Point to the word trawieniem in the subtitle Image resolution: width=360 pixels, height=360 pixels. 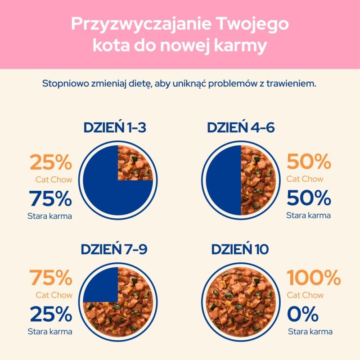pos(294,84)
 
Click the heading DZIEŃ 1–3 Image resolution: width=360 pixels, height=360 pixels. pos(115,128)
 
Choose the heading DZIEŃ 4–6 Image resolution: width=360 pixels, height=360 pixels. pos(241,128)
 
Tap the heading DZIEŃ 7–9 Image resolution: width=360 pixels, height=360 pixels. pos(114,249)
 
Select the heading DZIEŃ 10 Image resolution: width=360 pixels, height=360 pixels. pos(241,249)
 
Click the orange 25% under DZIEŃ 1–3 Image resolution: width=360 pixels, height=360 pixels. pos(50,162)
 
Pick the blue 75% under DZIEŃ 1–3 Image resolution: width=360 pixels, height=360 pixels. pos(50,198)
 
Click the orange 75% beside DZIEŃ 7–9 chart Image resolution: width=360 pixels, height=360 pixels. pos(50,278)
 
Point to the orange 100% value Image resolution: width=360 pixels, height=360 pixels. pos(313,278)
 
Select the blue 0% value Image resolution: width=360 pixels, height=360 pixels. pos(302,314)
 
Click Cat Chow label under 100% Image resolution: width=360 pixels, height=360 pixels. pos(305,295)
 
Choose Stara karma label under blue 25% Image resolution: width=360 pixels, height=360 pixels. pos(50,332)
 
